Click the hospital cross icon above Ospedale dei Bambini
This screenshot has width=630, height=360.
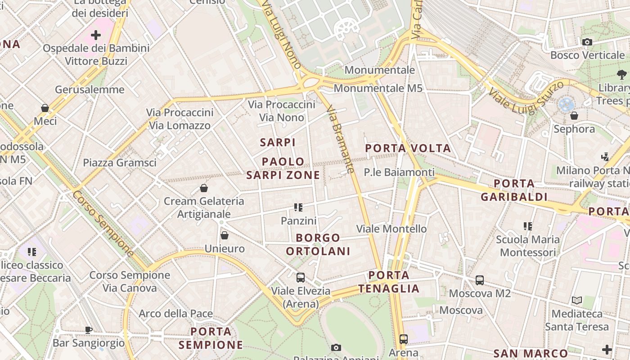pos(96,35)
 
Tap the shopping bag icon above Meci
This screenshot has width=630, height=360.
pos(45,108)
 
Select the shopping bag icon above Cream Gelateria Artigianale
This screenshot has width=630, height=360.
pos(204,188)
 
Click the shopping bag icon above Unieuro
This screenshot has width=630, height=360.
pos(225,235)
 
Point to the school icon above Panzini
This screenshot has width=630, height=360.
pos(298,207)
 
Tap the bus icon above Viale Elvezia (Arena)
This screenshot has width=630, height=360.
pos(301,278)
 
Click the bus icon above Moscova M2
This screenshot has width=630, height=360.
pos(480,280)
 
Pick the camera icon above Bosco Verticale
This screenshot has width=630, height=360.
pos(587,42)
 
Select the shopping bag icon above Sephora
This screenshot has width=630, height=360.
pos(574,116)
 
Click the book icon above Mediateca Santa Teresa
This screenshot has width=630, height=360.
pos(577,300)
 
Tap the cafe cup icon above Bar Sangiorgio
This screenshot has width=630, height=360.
pos(89,330)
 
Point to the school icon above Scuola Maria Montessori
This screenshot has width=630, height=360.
pos(528,226)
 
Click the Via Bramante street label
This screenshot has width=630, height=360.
pos(341,139)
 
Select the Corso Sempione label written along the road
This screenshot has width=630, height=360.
pos(103,224)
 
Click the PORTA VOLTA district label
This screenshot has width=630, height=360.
pos(408,148)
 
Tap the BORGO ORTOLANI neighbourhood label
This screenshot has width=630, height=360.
pos(318,244)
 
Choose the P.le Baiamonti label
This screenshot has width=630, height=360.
pos(399,172)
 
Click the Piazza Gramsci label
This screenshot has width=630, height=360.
pos(120,162)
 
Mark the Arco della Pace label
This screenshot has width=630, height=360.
pos(176,313)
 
